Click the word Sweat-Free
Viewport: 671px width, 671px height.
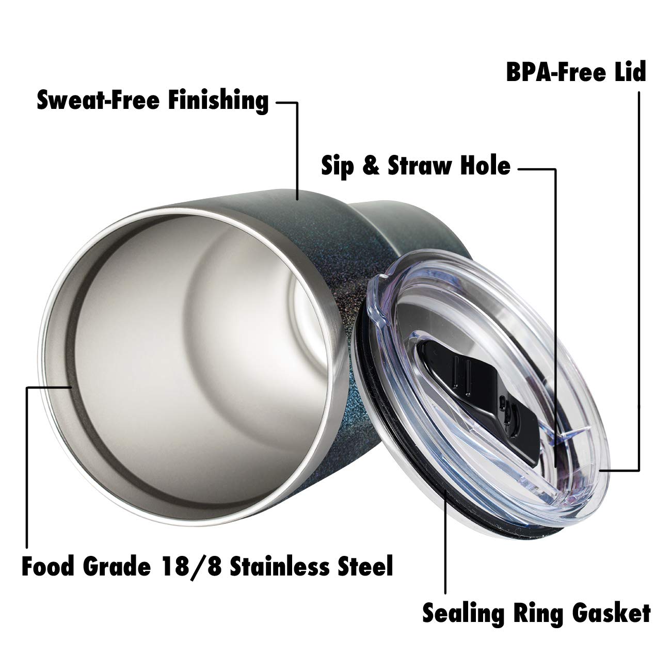coord(98,100)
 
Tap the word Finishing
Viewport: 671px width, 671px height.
coord(219,101)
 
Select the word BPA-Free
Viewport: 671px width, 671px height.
coord(556,72)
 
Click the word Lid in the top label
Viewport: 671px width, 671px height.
coord(630,72)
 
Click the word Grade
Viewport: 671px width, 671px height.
coord(117,566)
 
